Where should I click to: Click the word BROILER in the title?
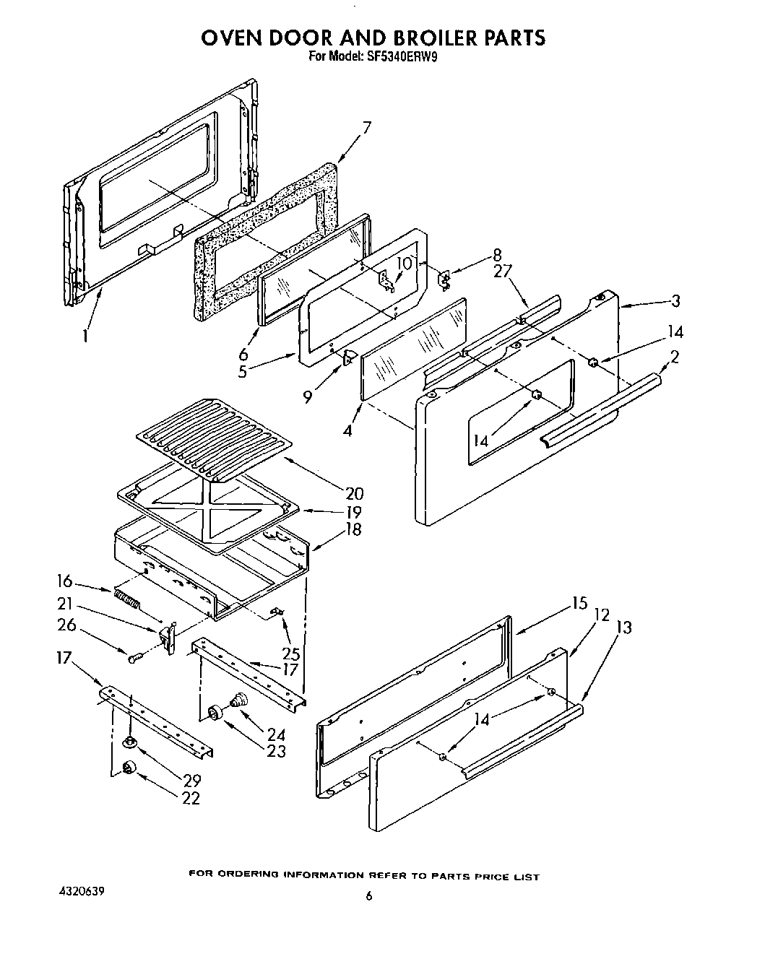click(x=417, y=38)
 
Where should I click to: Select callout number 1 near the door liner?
click(x=85, y=336)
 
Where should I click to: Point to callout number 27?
click(x=502, y=272)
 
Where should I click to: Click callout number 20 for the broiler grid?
click(x=354, y=494)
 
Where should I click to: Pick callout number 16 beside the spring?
click(x=64, y=581)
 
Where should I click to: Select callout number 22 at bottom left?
click(x=191, y=798)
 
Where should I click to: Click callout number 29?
click(x=191, y=781)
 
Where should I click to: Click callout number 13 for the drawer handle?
click(x=623, y=627)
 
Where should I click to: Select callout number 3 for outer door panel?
click(x=675, y=300)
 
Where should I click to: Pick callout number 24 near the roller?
click(x=276, y=734)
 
